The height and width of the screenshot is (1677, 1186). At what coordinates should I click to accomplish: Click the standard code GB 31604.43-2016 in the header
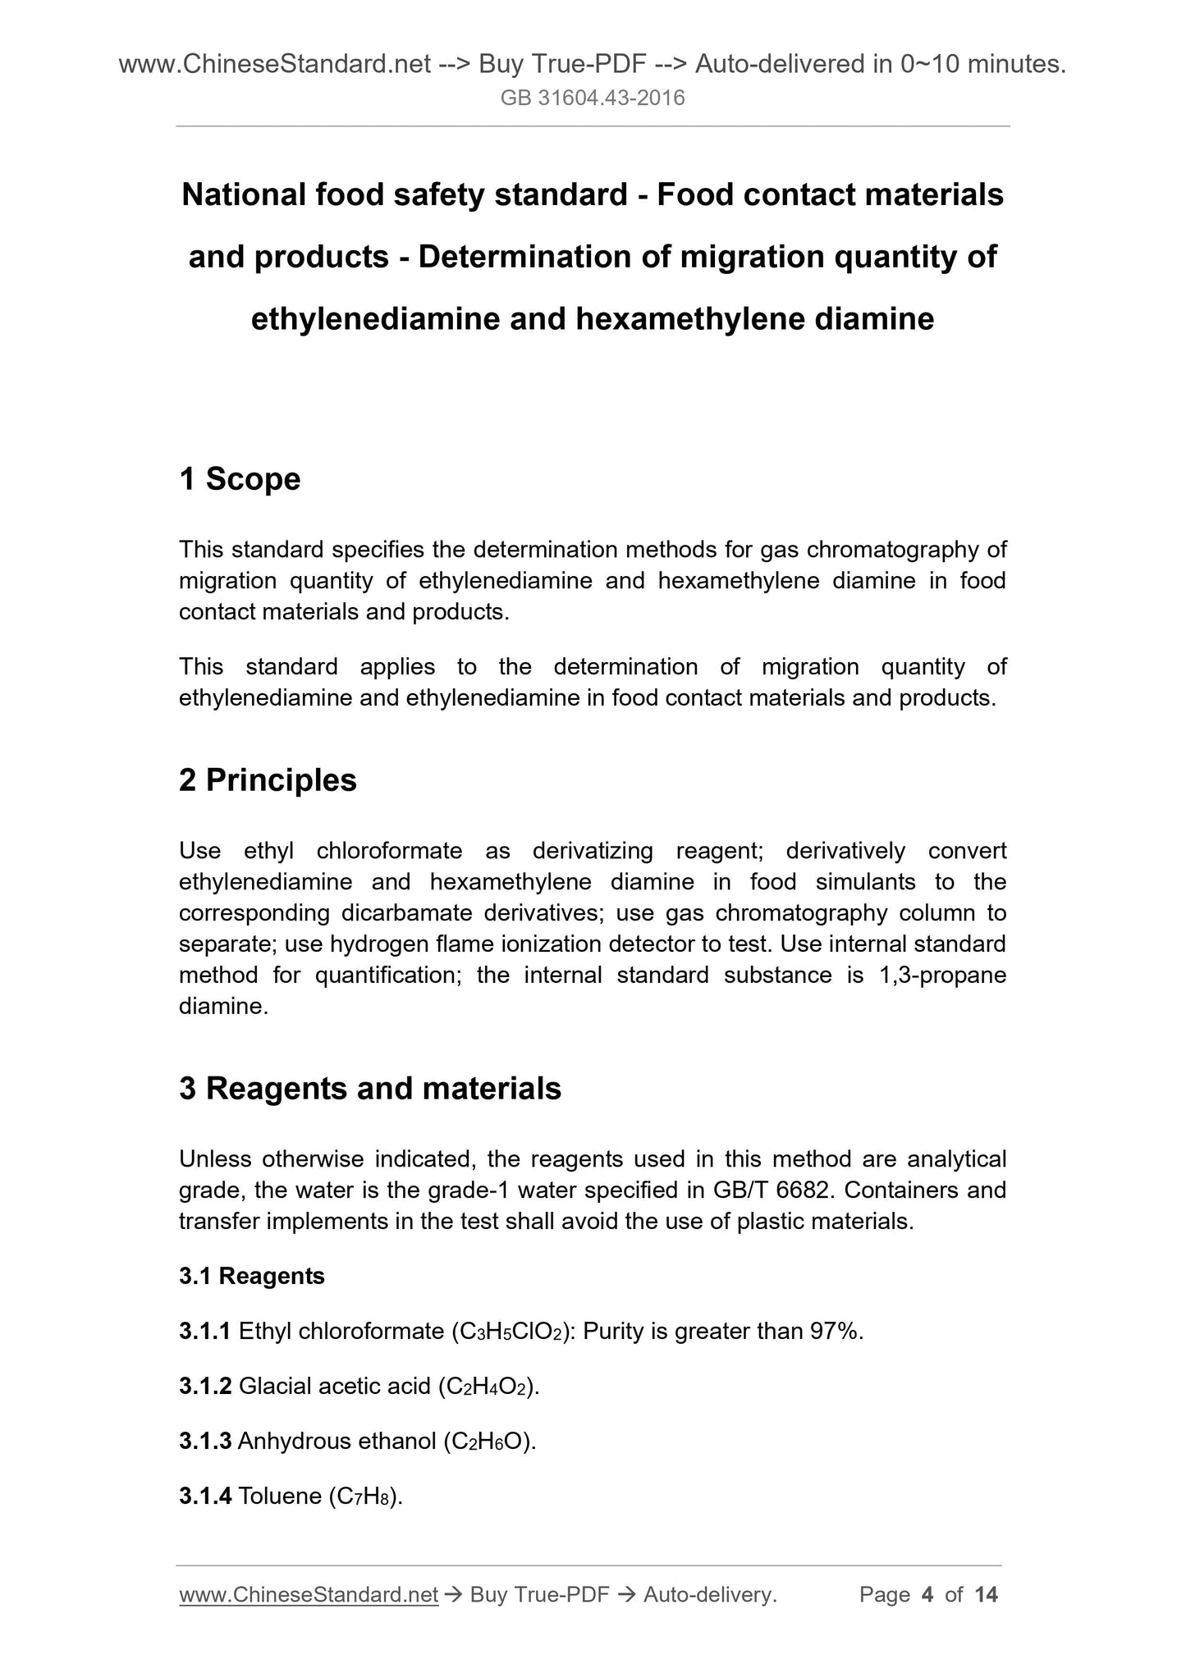[x=593, y=98]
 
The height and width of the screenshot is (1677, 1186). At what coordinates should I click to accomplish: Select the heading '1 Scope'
[x=240, y=479]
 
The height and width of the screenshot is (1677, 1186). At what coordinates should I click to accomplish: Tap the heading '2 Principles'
[x=268, y=780]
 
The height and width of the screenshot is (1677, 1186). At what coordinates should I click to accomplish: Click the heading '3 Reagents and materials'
[x=370, y=1089]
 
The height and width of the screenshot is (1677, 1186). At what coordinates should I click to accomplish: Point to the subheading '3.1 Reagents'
[x=252, y=1277]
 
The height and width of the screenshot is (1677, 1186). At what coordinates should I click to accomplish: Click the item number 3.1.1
[x=205, y=1332]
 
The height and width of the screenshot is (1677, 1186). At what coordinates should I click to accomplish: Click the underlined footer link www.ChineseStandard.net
[x=309, y=1595]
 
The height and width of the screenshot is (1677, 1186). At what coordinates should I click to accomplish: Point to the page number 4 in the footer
[x=927, y=1595]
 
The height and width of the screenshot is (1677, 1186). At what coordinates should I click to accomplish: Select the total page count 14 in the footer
[x=986, y=1595]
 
